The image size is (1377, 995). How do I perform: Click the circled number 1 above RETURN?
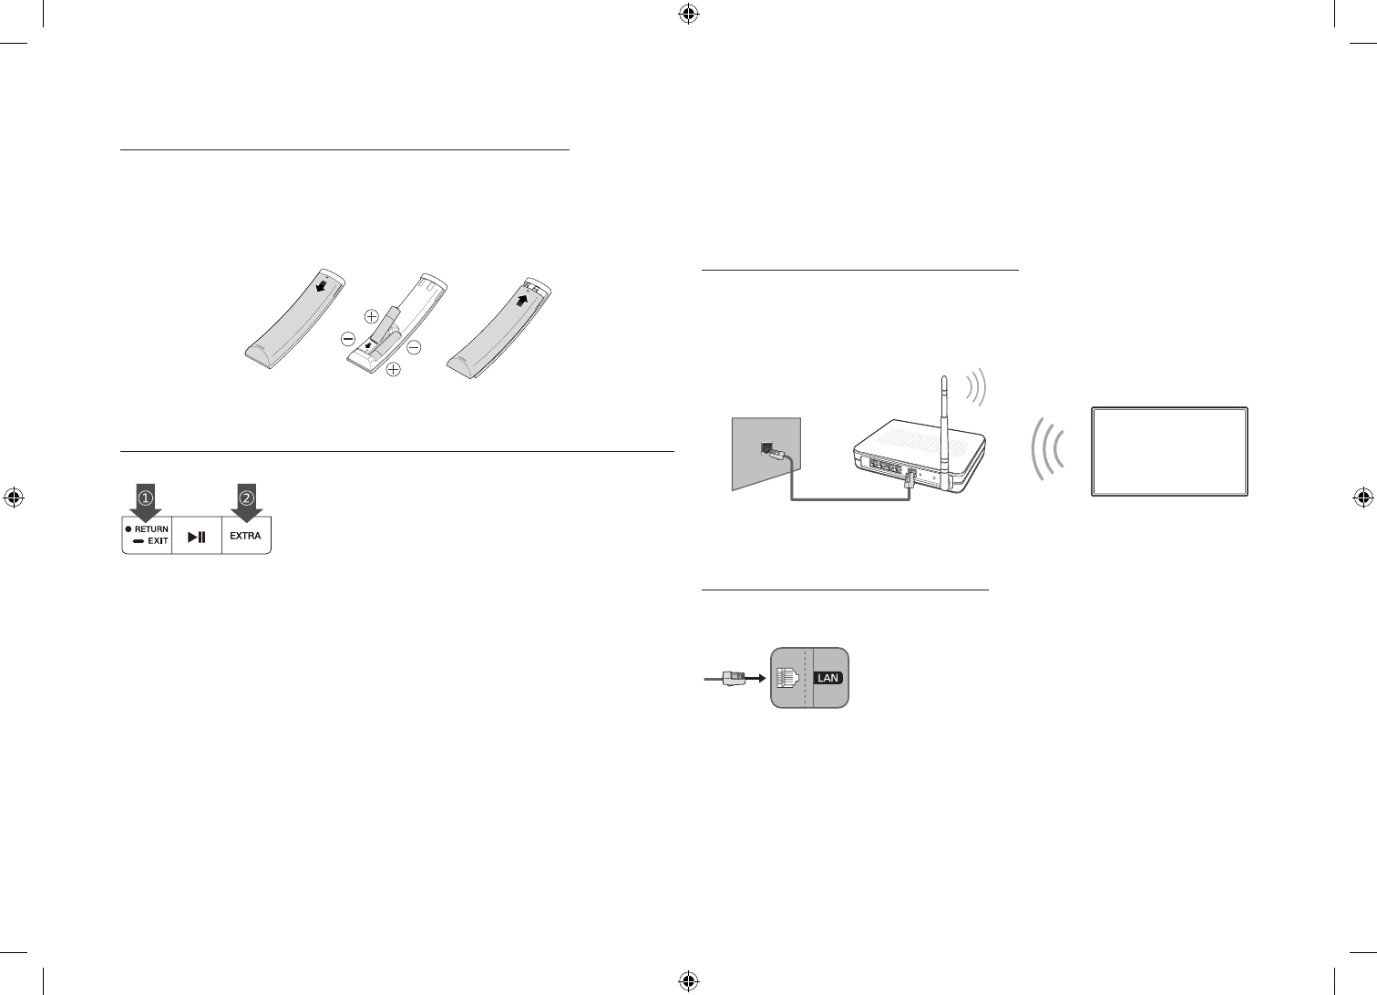145,498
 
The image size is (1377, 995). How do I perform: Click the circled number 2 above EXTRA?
246,498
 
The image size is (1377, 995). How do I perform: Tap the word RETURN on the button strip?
151,529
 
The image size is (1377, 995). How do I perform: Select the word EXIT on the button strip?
158,541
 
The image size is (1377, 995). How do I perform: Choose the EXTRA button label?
245,536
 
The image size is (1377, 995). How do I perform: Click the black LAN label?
827,678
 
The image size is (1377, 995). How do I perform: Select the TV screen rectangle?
1169,451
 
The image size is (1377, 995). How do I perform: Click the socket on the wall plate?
768,448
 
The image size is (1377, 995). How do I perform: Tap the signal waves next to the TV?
1048,449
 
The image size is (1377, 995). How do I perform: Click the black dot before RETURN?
129,529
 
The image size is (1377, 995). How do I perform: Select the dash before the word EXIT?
138,541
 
